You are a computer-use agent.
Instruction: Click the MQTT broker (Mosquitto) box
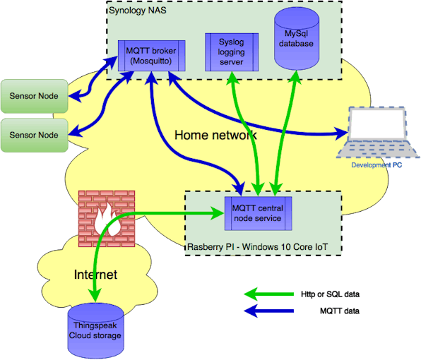(x=152, y=56)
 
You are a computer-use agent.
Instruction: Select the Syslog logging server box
(x=232, y=52)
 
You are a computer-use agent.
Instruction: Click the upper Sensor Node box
(x=34, y=96)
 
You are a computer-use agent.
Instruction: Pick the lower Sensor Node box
(x=34, y=135)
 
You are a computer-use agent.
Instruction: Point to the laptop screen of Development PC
(x=377, y=124)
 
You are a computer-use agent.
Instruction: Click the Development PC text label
(x=376, y=165)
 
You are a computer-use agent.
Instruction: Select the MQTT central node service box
(x=259, y=214)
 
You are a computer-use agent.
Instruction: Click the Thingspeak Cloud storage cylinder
(x=95, y=330)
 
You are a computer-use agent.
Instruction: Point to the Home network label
(x=215, y=135)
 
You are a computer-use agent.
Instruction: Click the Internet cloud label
(x=95, y=275)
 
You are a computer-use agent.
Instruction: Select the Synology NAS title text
(x=138, y=11)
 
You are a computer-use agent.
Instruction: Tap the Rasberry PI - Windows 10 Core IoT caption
(x=258, y=247)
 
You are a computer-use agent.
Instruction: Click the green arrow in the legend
(x=268, y=294)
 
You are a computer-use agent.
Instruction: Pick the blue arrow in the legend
(x=268, y=311)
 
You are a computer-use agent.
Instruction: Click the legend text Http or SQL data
(x=330, y=294)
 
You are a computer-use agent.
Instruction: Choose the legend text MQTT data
(x=340, y=311)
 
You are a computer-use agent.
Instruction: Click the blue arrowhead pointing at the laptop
(x=342, y=133)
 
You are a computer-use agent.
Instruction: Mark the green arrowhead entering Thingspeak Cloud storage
(x=95, y=296)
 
